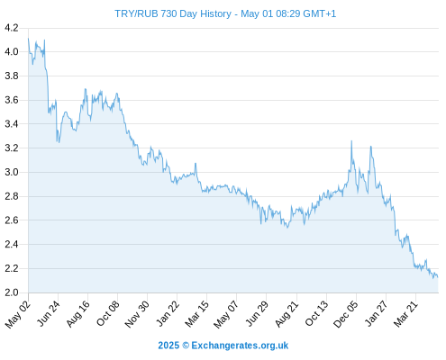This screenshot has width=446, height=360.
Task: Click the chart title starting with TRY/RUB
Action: pos(225,13)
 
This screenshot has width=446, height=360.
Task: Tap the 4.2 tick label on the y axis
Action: pos(12,28)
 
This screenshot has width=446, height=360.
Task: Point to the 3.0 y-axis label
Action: pos(12,172)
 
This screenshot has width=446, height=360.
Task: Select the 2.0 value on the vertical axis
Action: pos(12,292)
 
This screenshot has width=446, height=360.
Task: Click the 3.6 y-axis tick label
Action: pos(12,100)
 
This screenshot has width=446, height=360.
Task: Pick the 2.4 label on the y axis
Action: pos(12,244)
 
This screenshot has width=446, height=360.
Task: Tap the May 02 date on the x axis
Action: pos(18,314)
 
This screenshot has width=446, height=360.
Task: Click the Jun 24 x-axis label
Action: pos(49,313)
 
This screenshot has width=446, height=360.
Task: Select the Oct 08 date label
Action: pos(108,313)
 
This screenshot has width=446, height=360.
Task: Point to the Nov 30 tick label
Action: pos(137,314)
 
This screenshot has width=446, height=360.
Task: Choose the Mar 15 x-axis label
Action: pos(196,314)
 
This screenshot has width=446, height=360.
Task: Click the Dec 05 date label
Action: pos(346,314)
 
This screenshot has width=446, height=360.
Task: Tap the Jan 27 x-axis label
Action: pos(377,313)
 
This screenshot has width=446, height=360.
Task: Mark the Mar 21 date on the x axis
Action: pos(405,314)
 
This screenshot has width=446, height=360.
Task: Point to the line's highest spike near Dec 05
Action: pos(351,140)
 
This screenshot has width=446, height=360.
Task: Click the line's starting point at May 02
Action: pos(28,39)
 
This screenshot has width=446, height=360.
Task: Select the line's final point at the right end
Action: pos(438,277)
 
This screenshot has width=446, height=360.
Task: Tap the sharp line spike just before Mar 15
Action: pos(196,163)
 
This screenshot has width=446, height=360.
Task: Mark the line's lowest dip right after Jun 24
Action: pos(59,142)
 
